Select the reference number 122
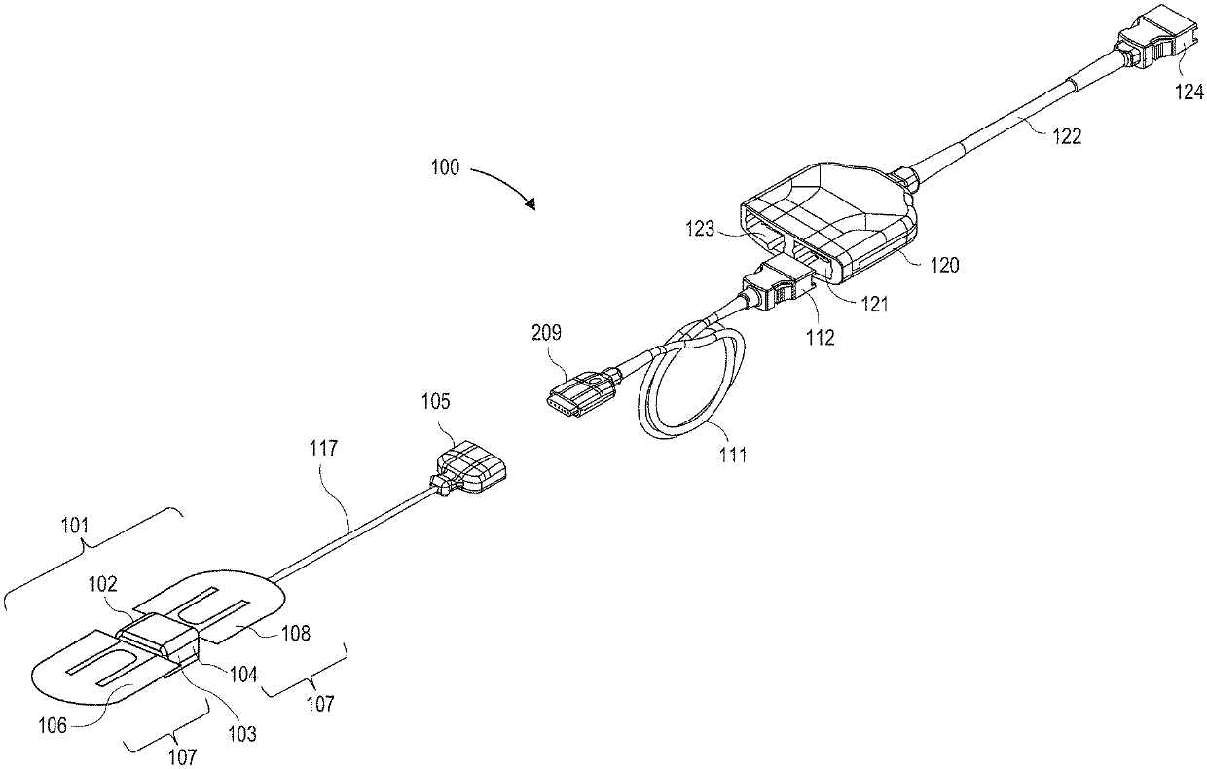pyautogui.click(x=1066, y=137)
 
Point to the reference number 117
pyautogui.click(x=324, y=449)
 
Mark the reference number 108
pyautogui.click(x=296, y=634)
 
